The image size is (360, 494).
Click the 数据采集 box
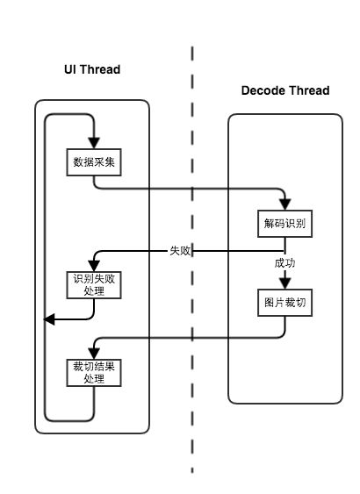pyautogui.click(x=94, y=162)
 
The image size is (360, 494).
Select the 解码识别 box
pyautogui.click(x=285, y=224)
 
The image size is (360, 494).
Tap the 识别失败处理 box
pyautogui.click(x=94, y=285)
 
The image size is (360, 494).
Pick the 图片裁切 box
pyautogui.click(x=285, y=303)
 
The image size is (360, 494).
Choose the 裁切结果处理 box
pyautogui.click(x=94, y=373)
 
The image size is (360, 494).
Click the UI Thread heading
pyautogui.click(x=92, y=69)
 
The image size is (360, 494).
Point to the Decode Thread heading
pyautogui.click(x=285, y=90)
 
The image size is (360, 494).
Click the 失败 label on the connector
pyautogui.click(x=180, y=251)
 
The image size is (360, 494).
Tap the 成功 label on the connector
pyautogui.click(x=284, y=262)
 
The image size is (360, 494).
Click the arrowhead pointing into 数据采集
pyautogui.click(x=94, y=143)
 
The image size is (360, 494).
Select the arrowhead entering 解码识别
pyautogui.click(x=285, y=204)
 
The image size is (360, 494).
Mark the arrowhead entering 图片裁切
pyautogui.click(x=285, y=283)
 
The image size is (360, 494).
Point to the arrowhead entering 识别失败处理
pyautogui.click(x=94, y=266)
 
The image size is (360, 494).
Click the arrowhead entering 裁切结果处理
pyautogui.click(x=94, y=354)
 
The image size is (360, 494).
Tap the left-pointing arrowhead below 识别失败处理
pyautogui.click(x=49, y=319)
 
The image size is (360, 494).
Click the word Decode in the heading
pyautogui.click(x=262, y=90)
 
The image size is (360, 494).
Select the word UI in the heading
pyautogui.click(x=69, y=69)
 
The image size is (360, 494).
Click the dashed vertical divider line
pyautogui.click(x=192, y=260)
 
